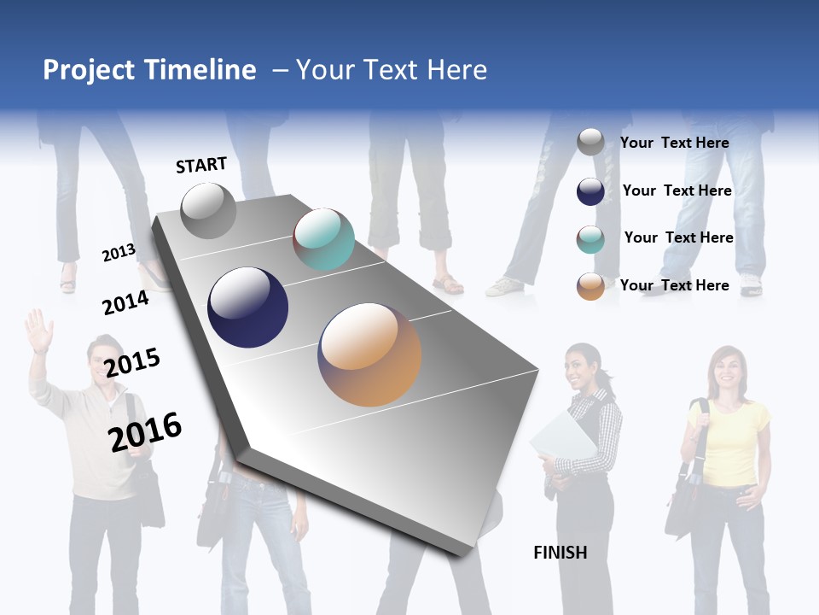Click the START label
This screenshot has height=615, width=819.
[201, 165]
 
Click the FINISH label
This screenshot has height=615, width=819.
[560, 553]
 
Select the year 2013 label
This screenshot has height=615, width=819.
[119, 253]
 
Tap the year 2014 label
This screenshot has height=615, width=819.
[125, 302]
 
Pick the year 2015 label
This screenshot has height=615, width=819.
[132, 362]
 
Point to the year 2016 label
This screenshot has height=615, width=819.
[145, 431]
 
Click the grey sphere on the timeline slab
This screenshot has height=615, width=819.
[208, 210]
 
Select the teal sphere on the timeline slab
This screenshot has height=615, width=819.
[323, 239]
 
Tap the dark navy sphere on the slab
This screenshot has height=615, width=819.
[248, 307]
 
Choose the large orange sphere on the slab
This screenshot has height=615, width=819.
[369, 354]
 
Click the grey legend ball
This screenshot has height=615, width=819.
[590, 142]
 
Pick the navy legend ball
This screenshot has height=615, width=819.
[590, 191]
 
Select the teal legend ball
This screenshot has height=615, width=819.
[590, 239]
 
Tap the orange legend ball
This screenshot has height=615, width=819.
[590, 286]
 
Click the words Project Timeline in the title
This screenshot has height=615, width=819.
[149, 70]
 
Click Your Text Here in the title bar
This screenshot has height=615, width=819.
[391, 70]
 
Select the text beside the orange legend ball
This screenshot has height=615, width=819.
[674, 285]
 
